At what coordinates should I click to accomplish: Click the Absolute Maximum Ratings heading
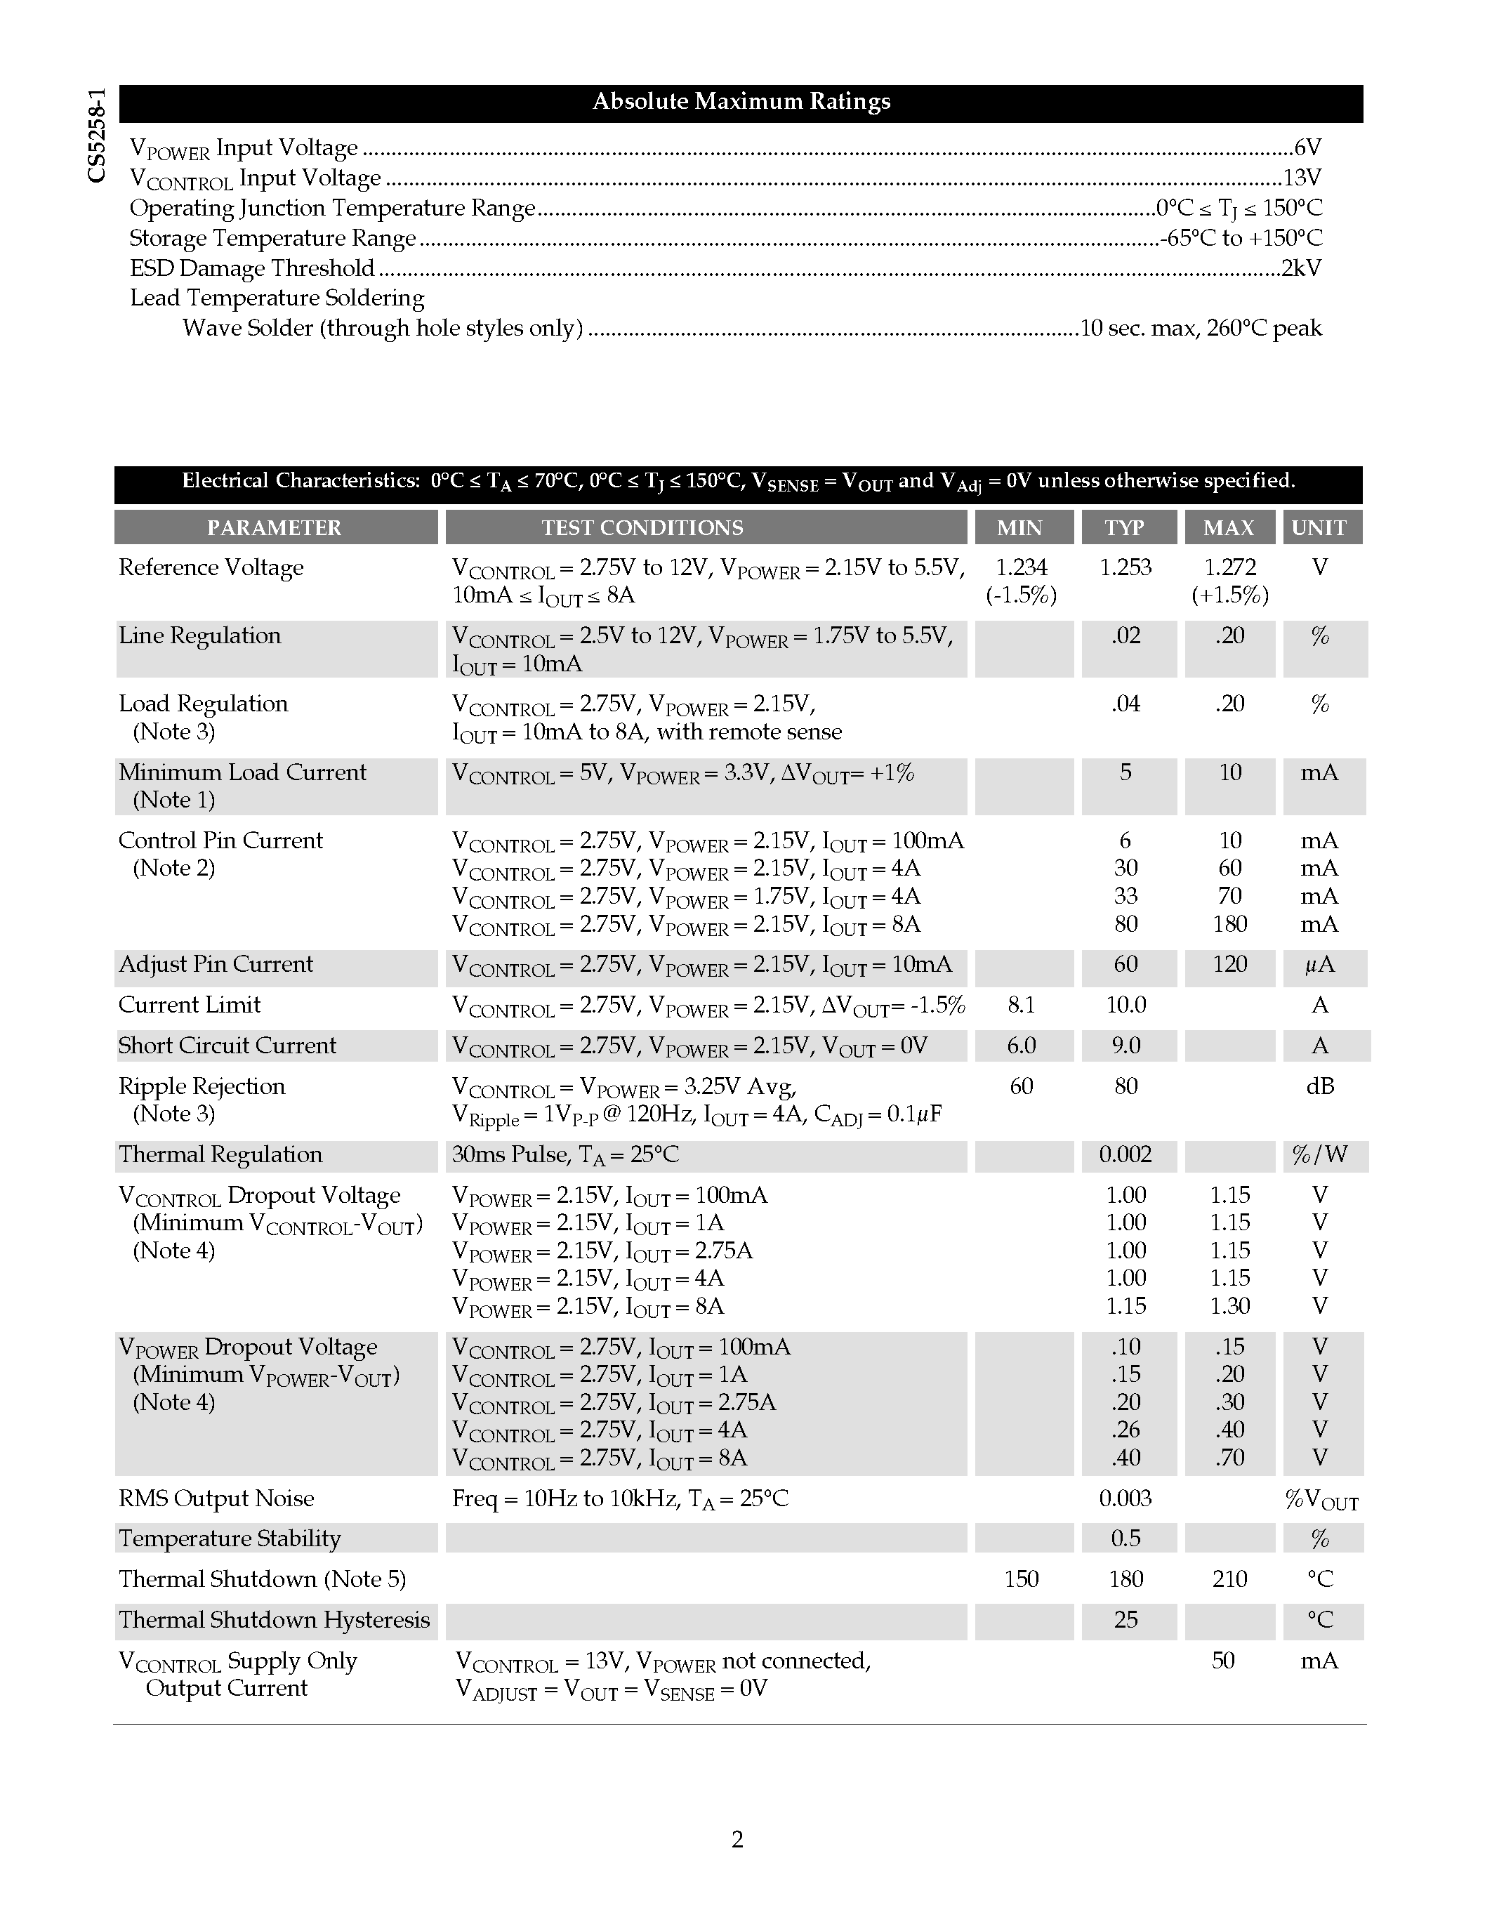[x=741, y=102]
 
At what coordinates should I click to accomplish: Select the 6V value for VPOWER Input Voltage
[x=1307, y=147]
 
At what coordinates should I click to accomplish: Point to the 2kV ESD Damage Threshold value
[x=1301, y=268]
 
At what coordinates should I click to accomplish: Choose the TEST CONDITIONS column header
[x=642, y=528]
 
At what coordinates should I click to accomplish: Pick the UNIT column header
[x=1319, y=528]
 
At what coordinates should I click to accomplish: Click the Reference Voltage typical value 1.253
[x=1125, y=567]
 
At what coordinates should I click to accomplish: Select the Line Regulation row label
[x=200, y=635]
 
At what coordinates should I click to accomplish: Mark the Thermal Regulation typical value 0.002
[x=1125, y=1154]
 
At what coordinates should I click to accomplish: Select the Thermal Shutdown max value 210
[x=1229, y=1579]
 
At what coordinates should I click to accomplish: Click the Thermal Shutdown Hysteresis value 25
[x=1125, y=1620]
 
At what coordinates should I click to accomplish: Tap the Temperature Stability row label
[x=230, y=1538]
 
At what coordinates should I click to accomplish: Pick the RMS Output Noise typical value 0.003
[x=1125, y=1498]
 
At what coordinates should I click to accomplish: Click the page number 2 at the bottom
[x=737, y=1840]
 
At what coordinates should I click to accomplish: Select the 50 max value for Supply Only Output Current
[x=1223, y=1661]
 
